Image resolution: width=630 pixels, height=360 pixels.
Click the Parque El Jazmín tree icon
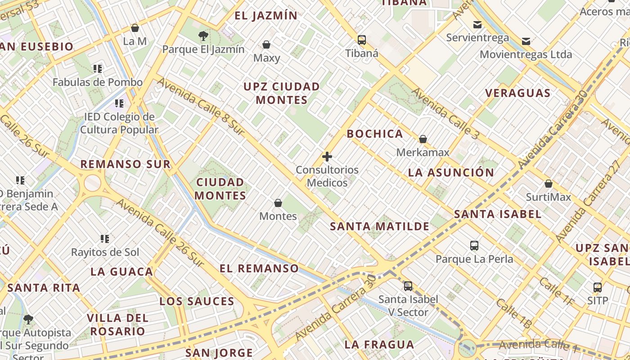tap(203, 36)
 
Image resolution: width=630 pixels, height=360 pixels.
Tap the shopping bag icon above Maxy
tap(266, 45)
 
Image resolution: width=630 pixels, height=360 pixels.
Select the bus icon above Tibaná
tap(362, 40)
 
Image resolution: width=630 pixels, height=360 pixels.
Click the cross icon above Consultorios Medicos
tap(327, 157)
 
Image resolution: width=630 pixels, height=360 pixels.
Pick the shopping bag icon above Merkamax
tap(423, 139)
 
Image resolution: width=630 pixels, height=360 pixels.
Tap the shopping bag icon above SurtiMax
tap(549, 184)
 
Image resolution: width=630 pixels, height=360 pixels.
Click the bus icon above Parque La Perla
tap(474, 246)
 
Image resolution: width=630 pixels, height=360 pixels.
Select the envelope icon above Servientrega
tap(477, 24)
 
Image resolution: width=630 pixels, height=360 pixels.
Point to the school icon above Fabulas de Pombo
tap(98, 69)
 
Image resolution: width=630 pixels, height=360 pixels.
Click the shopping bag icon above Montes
tap(278, 203)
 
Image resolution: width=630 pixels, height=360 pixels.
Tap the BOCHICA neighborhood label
tap(375, 134)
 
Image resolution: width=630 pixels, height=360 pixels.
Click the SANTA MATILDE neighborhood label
tap(380, 226)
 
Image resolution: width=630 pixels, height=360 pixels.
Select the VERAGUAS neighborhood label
tap(518, 93)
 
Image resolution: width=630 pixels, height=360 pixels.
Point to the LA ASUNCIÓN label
tap(451, 172)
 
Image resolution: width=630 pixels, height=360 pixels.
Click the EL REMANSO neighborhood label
tap(259, 269)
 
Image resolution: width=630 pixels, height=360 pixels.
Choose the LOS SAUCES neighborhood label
tap(197, 301)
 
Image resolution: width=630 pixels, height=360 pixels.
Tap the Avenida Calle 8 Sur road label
tap(201, 107)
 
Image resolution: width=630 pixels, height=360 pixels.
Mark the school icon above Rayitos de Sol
tap(105, 238)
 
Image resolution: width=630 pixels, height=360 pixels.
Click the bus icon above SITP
tap(598, 287)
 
